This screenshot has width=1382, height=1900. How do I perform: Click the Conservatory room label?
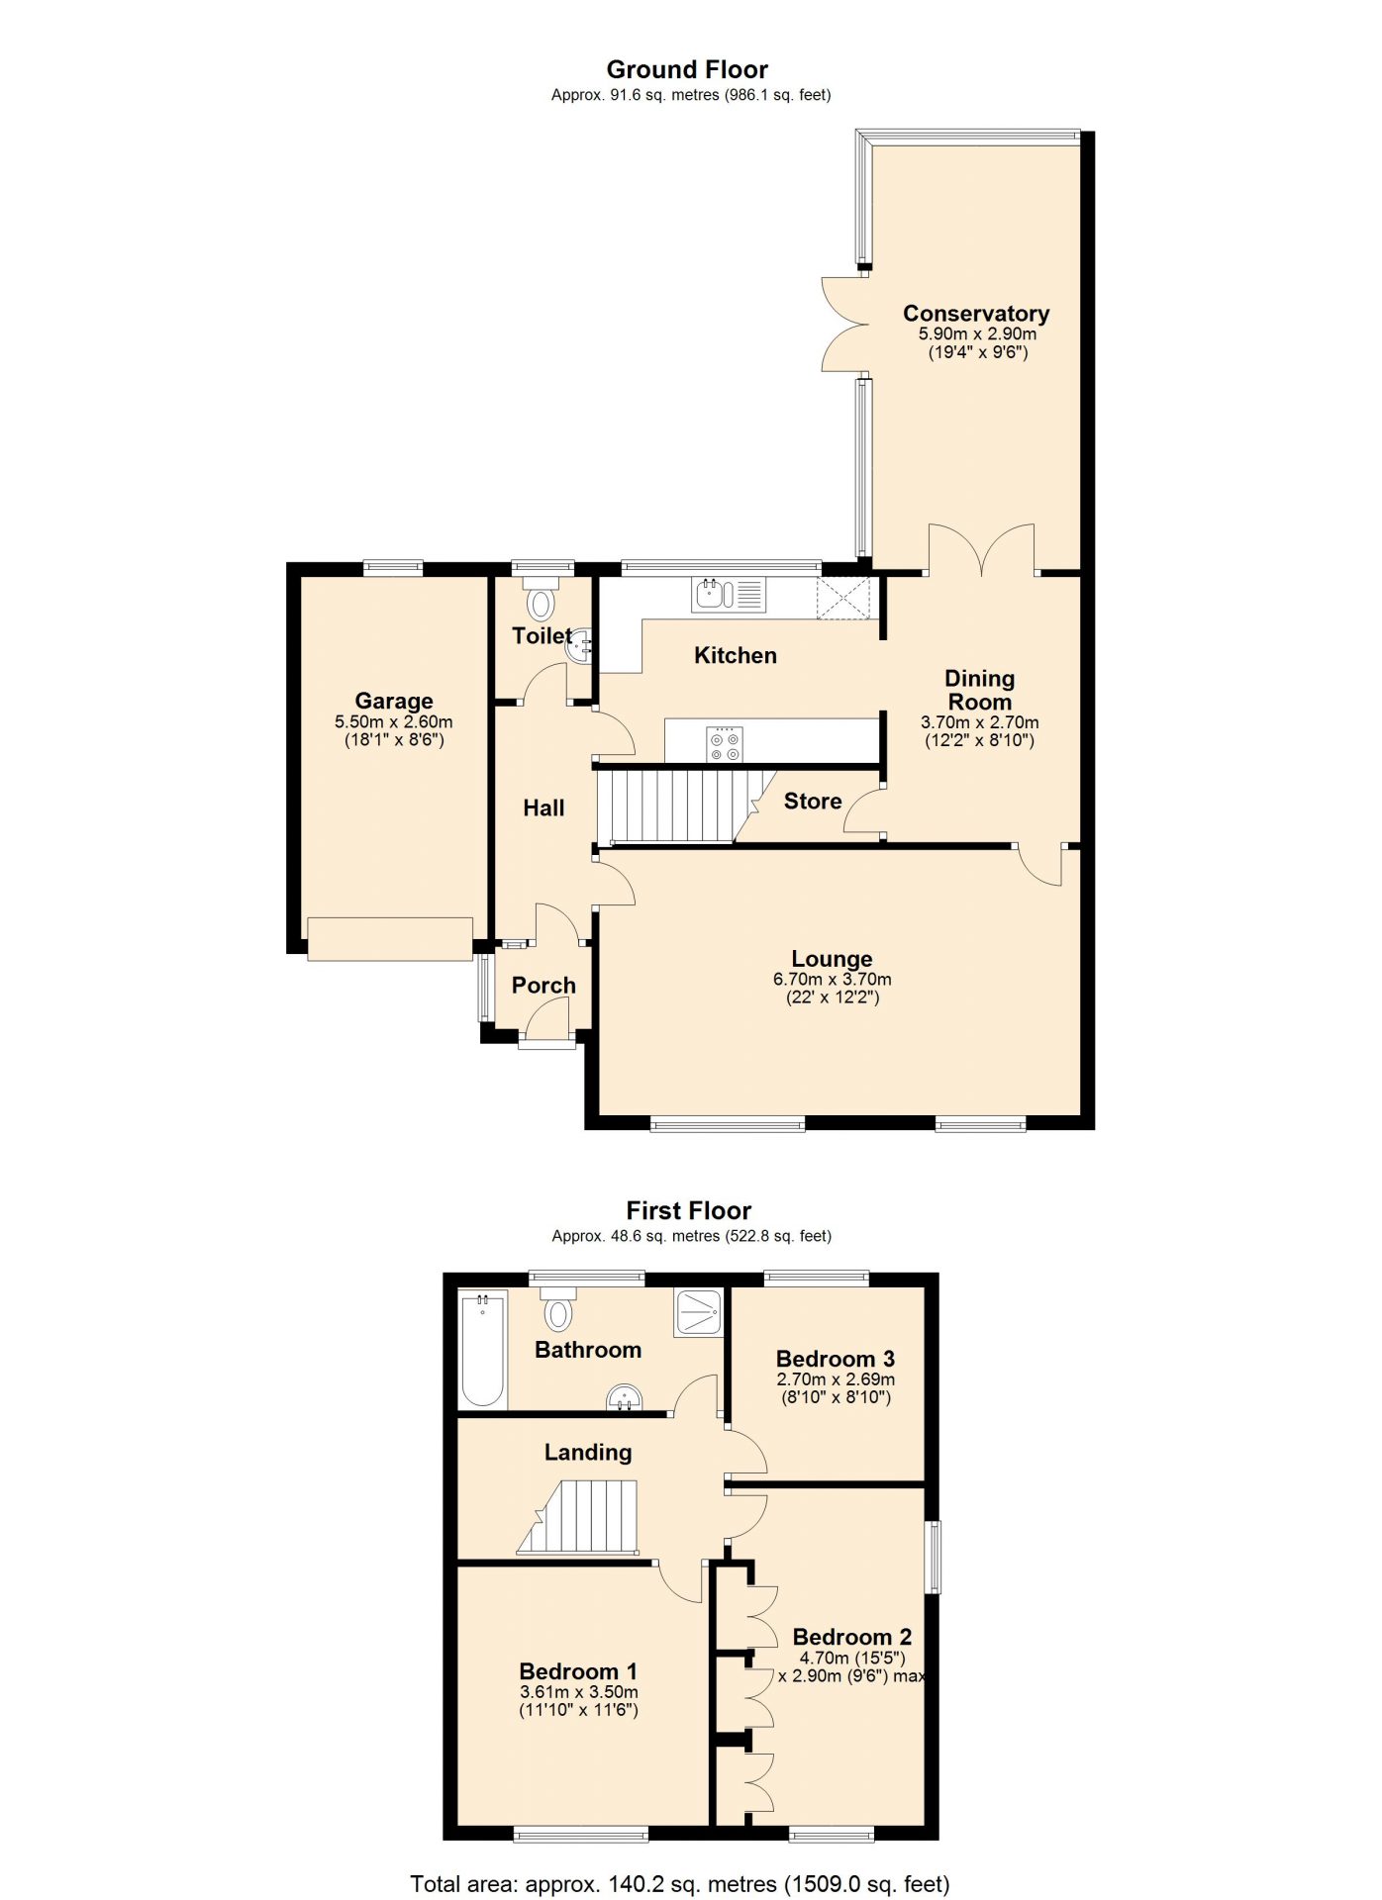[976, 314]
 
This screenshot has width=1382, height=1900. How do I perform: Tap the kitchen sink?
[729, 595]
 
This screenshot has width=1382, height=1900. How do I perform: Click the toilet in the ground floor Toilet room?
[542, 599]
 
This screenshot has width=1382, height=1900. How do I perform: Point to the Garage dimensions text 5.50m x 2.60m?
[394, 722]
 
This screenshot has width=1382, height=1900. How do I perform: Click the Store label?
[813, 802]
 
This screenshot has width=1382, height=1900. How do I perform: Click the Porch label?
[543, 986]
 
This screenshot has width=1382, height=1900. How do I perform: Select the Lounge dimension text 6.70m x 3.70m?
[833, 980]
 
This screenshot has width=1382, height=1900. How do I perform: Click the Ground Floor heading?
[687, 70]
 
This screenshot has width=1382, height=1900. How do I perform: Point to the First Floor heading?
[689, 1211]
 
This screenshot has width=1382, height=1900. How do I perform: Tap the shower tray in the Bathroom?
[699, 1313]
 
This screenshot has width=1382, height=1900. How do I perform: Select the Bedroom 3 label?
[836, 1360]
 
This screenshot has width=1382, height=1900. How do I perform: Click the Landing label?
[588, 1453]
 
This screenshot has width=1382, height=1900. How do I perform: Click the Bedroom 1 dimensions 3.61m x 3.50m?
[579, 1693]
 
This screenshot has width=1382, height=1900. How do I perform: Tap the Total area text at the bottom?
[680, 1884]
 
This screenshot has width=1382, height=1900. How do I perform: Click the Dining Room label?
[980, 691]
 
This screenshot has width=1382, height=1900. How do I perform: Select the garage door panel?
[390, 939]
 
